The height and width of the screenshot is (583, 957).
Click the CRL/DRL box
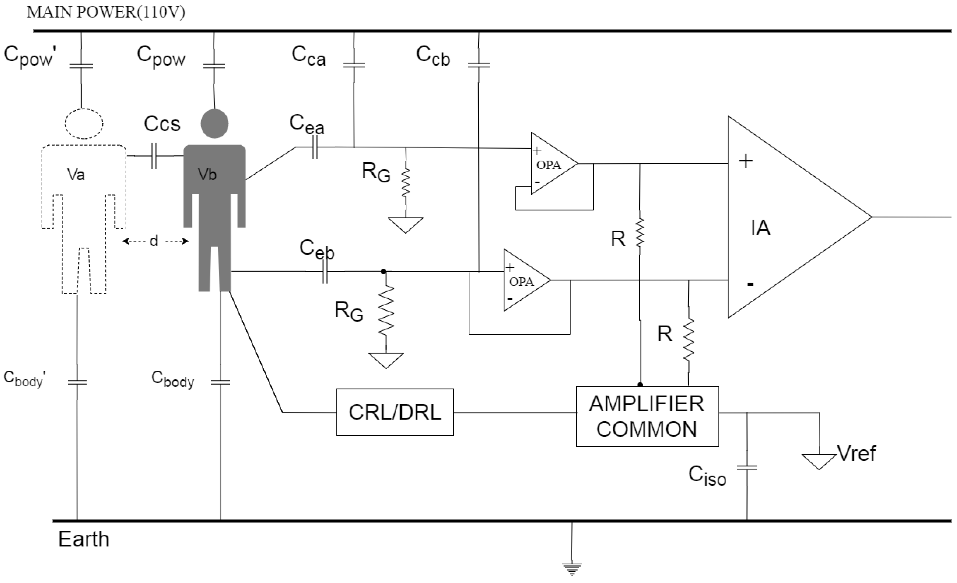point(395,412)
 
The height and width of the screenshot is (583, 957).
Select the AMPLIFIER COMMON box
point(647,416)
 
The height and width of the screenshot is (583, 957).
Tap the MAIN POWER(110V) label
point(106,12)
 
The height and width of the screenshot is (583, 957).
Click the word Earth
point(83,539)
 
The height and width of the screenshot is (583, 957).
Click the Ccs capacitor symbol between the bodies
point(154,156)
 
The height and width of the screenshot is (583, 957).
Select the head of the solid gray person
point(214,123)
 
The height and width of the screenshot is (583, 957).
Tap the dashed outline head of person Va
point(84,123)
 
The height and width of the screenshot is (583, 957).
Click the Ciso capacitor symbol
point(747,468)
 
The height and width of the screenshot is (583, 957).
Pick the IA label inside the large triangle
point(760,228)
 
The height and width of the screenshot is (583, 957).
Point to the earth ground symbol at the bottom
point(572,569)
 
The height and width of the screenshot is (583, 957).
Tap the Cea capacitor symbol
point(315,147)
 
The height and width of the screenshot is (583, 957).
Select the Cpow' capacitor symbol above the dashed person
point(81,66)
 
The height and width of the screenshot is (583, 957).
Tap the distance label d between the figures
point(154,241)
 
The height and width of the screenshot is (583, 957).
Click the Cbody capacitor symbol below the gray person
point(220,382)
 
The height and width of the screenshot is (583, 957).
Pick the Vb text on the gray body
point(207,175)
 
